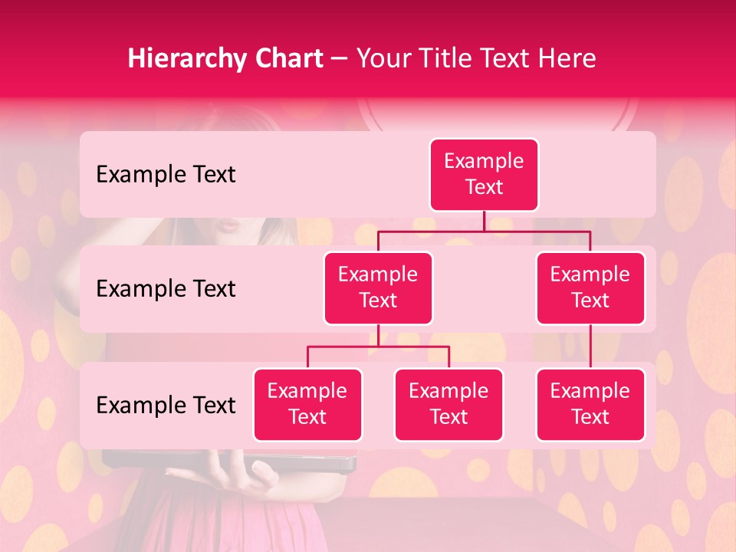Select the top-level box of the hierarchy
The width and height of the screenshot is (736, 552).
(484, 174)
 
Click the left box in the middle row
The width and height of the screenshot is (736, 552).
(378, 287)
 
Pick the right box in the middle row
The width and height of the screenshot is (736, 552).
(590, 287)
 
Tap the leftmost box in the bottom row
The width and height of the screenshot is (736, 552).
(307, 404)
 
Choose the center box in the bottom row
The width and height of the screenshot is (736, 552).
(449, 404)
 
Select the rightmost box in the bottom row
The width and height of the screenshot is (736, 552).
(590, 404)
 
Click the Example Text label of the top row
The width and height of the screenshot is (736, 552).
(166, 175)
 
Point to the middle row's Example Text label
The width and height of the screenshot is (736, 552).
(166, 289)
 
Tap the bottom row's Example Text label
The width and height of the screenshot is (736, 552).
(166, 405)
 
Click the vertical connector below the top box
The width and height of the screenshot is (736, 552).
(484, 221)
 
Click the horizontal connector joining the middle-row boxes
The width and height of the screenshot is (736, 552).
(484, 231)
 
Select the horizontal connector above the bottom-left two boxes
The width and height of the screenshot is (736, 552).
(378, 347)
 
